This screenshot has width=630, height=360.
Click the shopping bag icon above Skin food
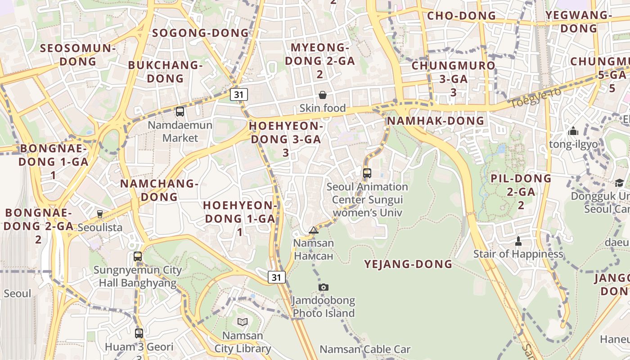[x=323, y=94]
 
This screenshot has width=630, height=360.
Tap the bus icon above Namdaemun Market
[x=180, y=111]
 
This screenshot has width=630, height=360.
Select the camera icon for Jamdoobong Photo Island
[x=323, y=287]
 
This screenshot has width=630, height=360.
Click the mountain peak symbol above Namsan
[x=314, y=230]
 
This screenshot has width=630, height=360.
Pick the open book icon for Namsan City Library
[x=243, y=322]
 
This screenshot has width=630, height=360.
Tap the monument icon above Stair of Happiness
[x=518, y=241]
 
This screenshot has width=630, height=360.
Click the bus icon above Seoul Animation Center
[x=367, y=173]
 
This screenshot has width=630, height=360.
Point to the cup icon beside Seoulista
[x=100, y=214]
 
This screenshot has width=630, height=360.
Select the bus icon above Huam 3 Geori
[x=139, y=333]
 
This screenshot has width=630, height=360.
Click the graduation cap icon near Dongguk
[x=619, y=183]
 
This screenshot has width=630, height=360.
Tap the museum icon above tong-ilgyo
[x=573, y=131]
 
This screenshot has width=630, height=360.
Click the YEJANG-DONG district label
[x=408, y=264]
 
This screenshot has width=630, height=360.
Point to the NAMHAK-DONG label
[x=436, y=121]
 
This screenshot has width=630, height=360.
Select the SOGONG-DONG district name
[x=200, y=33]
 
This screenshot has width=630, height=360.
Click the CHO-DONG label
[x=461, y=16]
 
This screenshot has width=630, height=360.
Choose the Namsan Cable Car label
[x=365, y=349]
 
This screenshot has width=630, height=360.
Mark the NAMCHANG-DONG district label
[x=159, y=190]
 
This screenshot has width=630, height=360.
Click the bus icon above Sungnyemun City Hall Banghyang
[x=138, y=256]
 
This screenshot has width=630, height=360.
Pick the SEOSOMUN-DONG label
[x=78, y=54]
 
